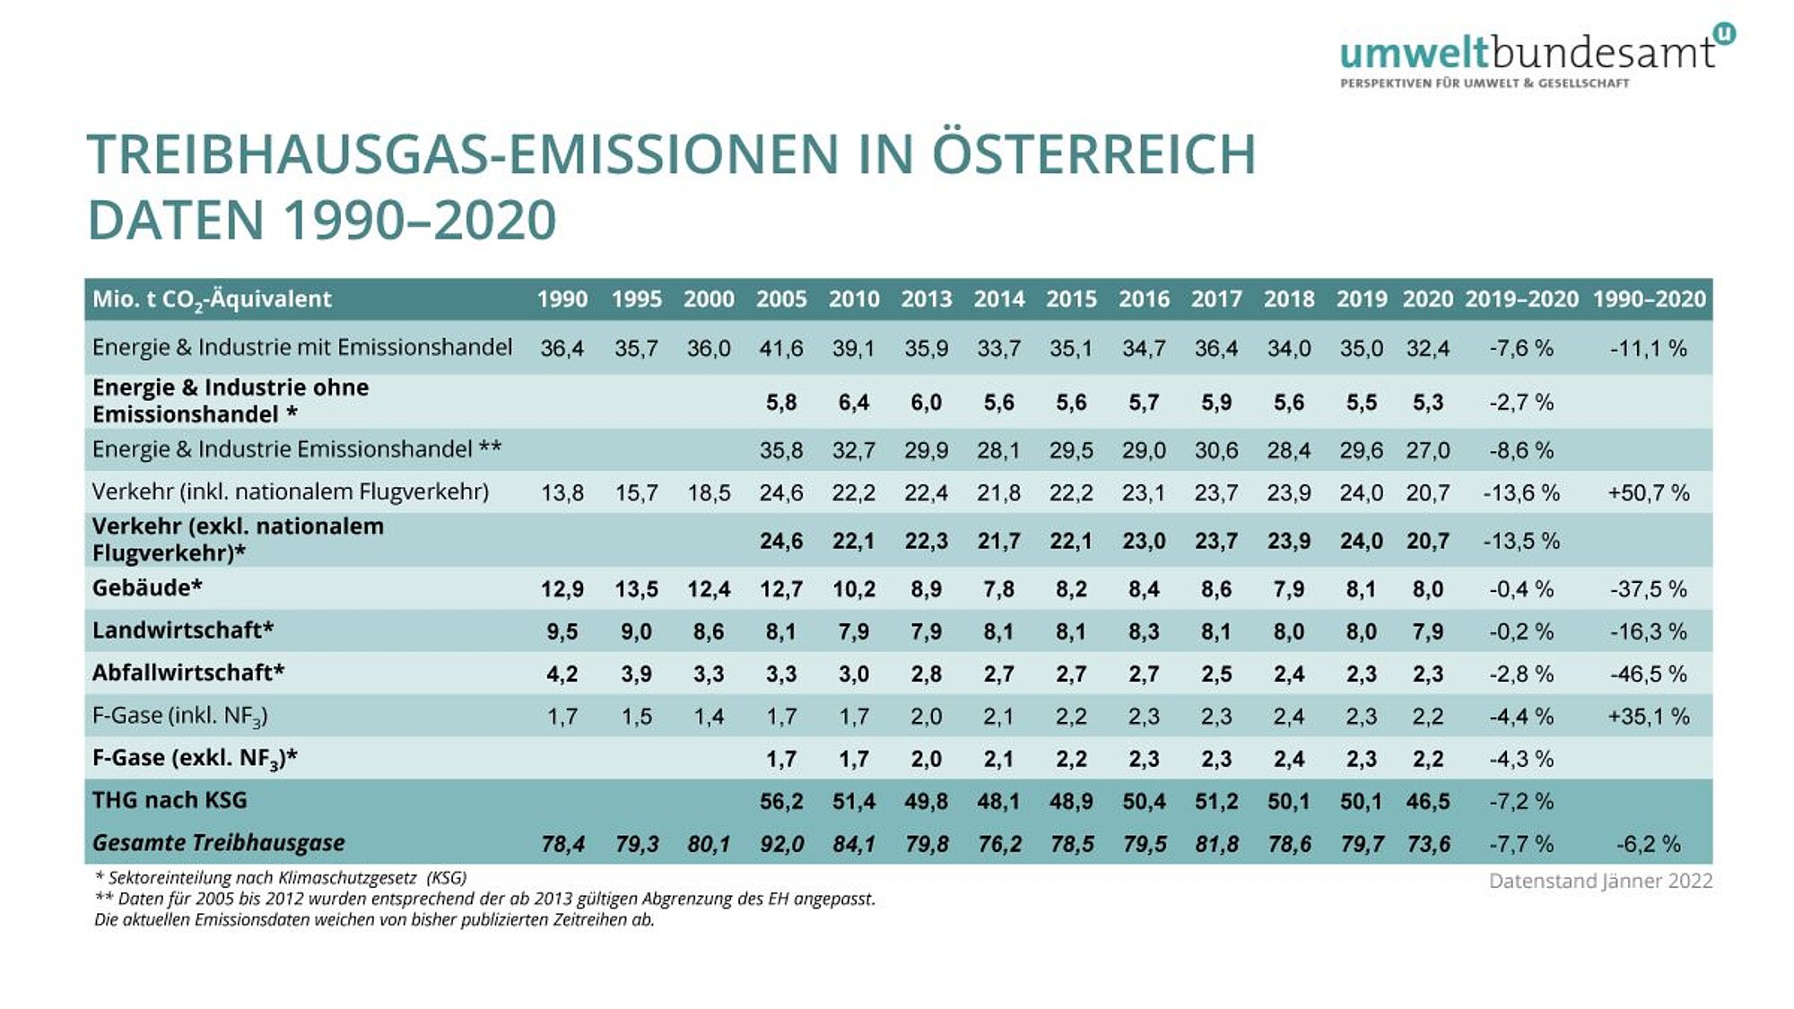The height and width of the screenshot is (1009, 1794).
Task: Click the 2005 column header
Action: [x=780, y=300]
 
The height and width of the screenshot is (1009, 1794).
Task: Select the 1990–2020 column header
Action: [x=1649, y=300]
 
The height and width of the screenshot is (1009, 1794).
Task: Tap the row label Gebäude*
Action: [x=147, y=588]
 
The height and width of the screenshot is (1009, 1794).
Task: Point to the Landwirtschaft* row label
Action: [x=183, y=631]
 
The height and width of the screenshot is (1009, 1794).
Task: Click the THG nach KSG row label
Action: [x=170, y=800]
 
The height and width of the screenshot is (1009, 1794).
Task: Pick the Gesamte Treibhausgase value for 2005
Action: [x=780, y=844]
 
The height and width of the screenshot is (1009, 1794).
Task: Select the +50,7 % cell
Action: [x=1649, y=492]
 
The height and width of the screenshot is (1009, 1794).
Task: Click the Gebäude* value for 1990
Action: [x=562, y=589]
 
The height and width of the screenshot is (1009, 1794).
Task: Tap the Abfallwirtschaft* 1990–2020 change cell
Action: [x=1649, y=674]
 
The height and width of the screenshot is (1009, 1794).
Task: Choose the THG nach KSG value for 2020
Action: [x=1427, y=801]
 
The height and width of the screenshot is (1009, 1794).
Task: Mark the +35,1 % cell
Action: [x=1649, y=717]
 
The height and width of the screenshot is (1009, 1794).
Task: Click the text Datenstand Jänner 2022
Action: [x=1600, y=881]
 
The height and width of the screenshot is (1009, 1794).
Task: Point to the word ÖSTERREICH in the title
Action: [x=1093, y=154]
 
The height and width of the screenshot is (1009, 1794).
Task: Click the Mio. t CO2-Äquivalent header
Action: [x=212, y=300]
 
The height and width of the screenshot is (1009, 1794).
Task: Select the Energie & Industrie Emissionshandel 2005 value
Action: [x=780, y=450]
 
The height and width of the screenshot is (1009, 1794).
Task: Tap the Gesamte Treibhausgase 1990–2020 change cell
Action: [x=1649, y=844]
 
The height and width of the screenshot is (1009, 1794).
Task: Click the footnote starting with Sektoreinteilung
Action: [x=281, y=877]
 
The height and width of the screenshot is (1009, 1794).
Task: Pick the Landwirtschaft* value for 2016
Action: [x=1144, y=631]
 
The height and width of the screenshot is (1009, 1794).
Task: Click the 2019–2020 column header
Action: [x=1521, y=300]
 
